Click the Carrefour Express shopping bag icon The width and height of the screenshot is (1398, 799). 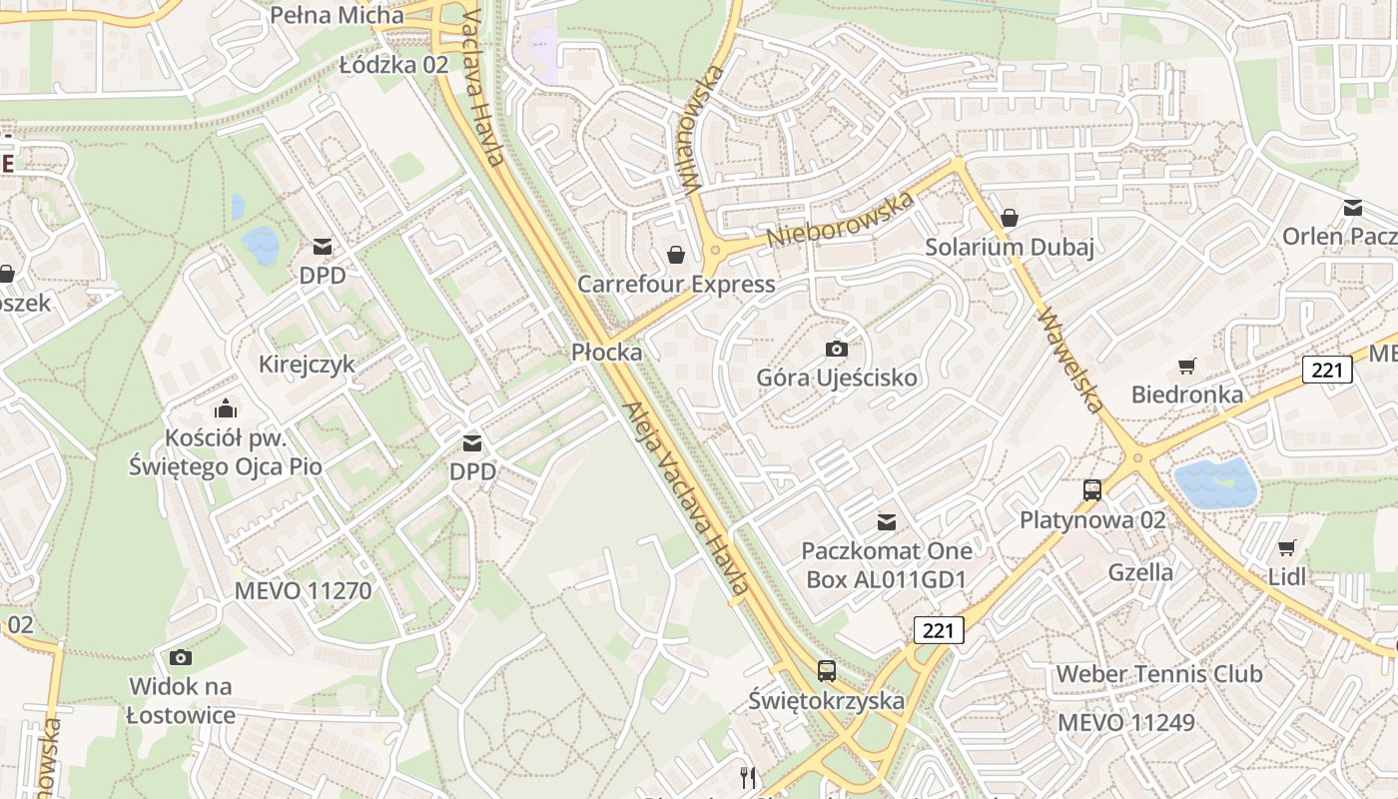676,256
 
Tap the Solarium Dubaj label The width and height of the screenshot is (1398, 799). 1010,248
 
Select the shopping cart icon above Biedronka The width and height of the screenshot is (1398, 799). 1186,367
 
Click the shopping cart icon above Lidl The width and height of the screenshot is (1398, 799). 1287,548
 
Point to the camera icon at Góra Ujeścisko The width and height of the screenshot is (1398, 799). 837,349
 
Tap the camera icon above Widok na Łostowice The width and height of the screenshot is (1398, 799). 181,657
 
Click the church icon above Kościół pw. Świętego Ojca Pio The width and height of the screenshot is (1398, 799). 226,408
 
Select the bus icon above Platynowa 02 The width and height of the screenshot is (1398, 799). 1092,490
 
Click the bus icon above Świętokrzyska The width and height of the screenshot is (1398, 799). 827,671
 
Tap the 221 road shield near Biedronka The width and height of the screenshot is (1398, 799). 1327,371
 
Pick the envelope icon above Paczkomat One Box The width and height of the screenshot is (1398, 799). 886,521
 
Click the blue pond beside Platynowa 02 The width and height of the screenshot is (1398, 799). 1215,483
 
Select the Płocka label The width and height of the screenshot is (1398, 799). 606,353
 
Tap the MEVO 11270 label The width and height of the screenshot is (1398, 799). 303,590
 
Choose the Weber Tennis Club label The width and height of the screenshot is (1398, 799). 1158,674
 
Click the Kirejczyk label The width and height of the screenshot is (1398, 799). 307,364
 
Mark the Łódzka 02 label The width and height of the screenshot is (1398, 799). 393,66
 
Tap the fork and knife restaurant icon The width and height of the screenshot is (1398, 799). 747,777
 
